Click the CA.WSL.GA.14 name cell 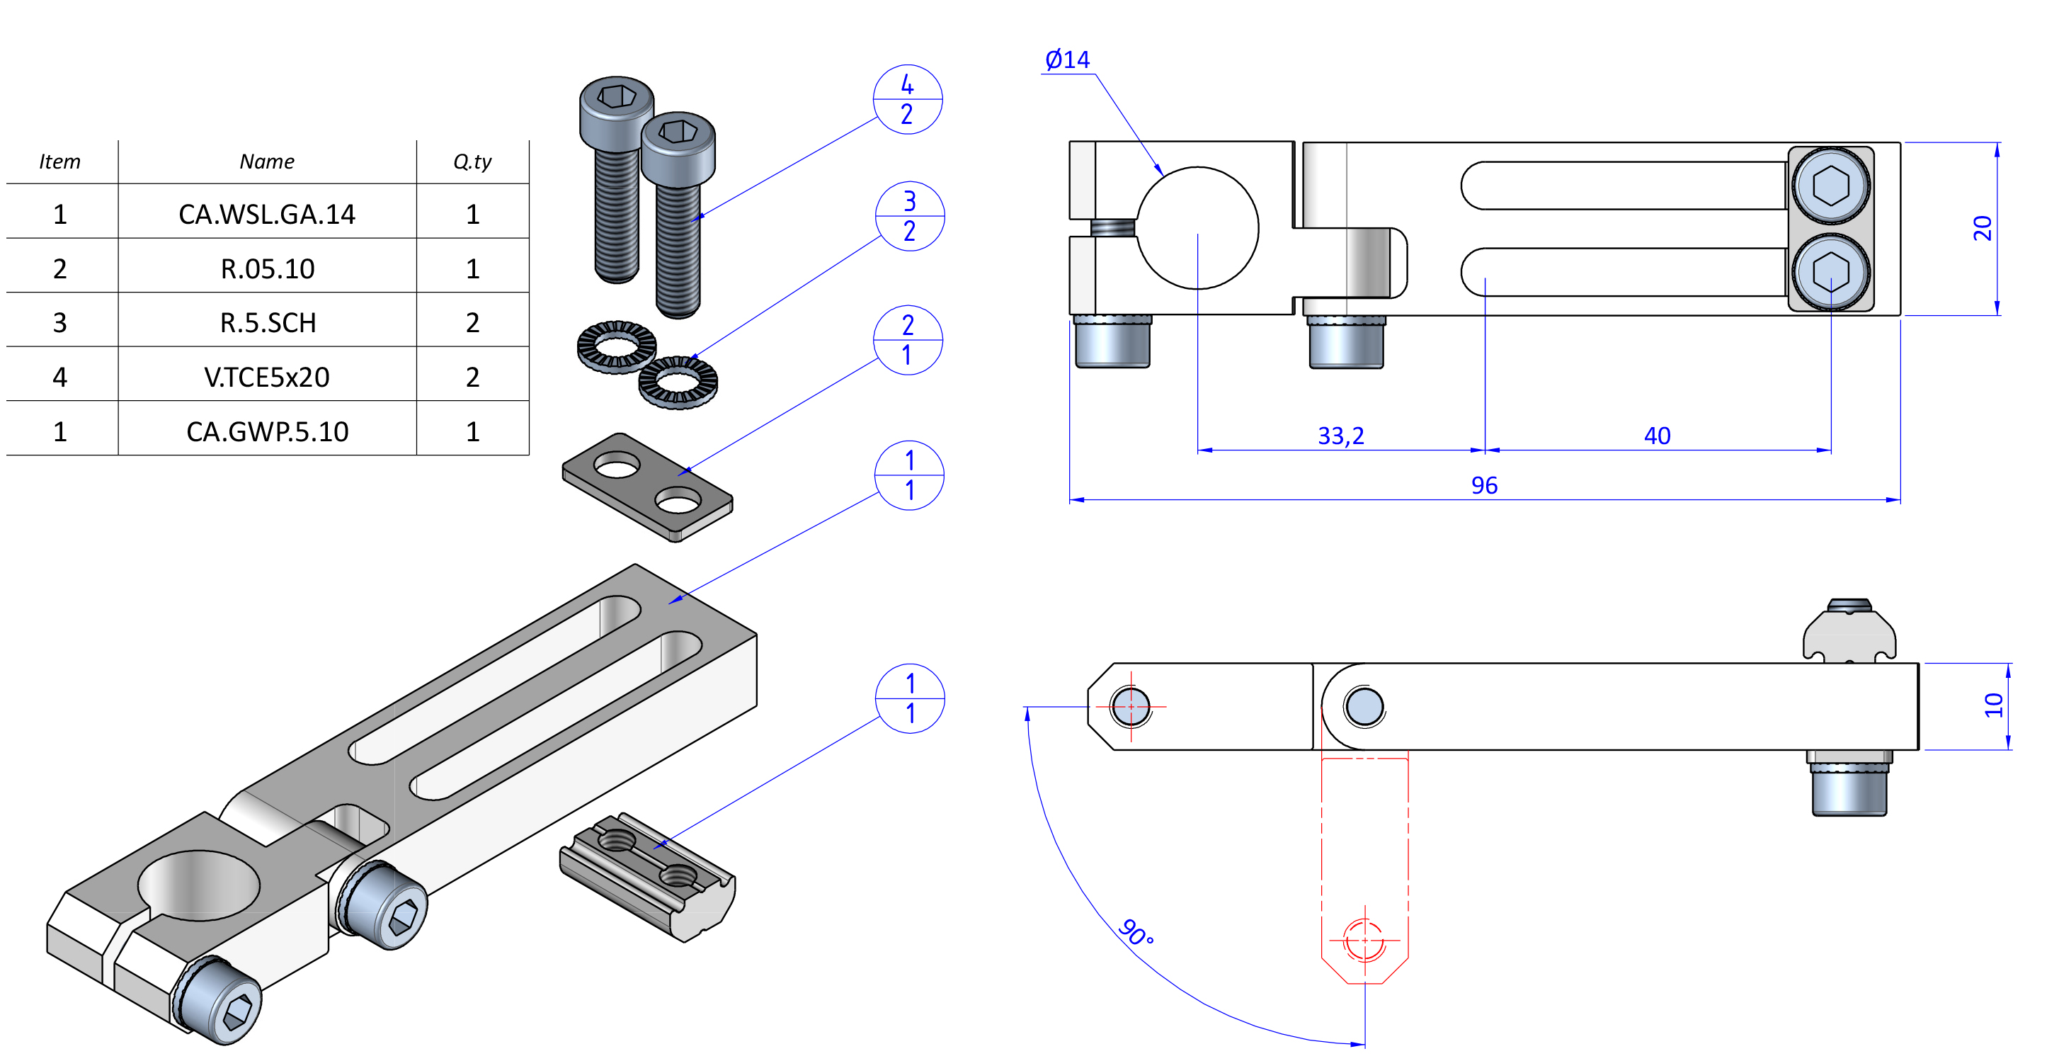(x=266, y=215)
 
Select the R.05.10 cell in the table (x=267, y=268)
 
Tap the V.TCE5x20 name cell (x=266, y=377)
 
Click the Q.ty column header (x=472, y=161)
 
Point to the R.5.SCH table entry (x=267, y=323)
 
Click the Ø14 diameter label (x=1067, y=60)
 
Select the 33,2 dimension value (x=1340, y=436)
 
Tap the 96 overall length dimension (x=1483, y=485)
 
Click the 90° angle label (x=1136, y=932)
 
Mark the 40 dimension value (x=1657, y=436)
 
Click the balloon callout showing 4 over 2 (x=907, y=99)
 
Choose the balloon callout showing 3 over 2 (x=910, y=216)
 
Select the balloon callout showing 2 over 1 (x=907, y=340)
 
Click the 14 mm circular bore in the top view (x=1197, y=228)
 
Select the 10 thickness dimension (x=1992, y=705)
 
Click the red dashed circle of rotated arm (x=1364, y=941)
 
